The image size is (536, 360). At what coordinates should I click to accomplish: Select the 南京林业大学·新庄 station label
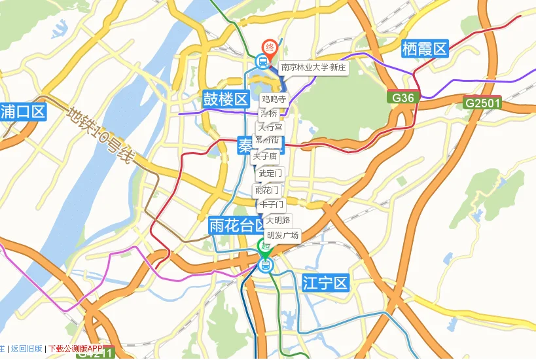coord(313,67)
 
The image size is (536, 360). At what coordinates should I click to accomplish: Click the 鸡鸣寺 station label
coord(274,99)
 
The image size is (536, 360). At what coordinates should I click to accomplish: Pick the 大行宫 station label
coord(270,127)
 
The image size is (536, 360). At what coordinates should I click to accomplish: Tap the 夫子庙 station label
coord(265,156)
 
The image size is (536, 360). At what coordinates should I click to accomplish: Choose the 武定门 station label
coord(270,173)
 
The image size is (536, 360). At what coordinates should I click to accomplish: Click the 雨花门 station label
coord(267,190)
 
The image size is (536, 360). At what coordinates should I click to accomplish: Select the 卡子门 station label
coord(271,205)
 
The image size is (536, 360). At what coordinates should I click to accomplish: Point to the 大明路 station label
coord(278,220)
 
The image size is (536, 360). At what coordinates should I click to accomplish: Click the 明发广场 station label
coord(282,235)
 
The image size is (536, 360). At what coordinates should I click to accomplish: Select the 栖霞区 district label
coord(424,48)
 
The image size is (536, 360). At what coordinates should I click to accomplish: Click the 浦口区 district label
coord(24,111)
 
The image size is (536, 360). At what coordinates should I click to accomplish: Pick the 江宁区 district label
coord(326,283)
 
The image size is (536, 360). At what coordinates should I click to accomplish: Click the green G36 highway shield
coord(402,98)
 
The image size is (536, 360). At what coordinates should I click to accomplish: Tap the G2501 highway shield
coord(482,103)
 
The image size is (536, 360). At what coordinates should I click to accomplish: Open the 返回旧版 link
coord(27,348)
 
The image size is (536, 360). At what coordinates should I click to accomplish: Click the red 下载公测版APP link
coord(76,348)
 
